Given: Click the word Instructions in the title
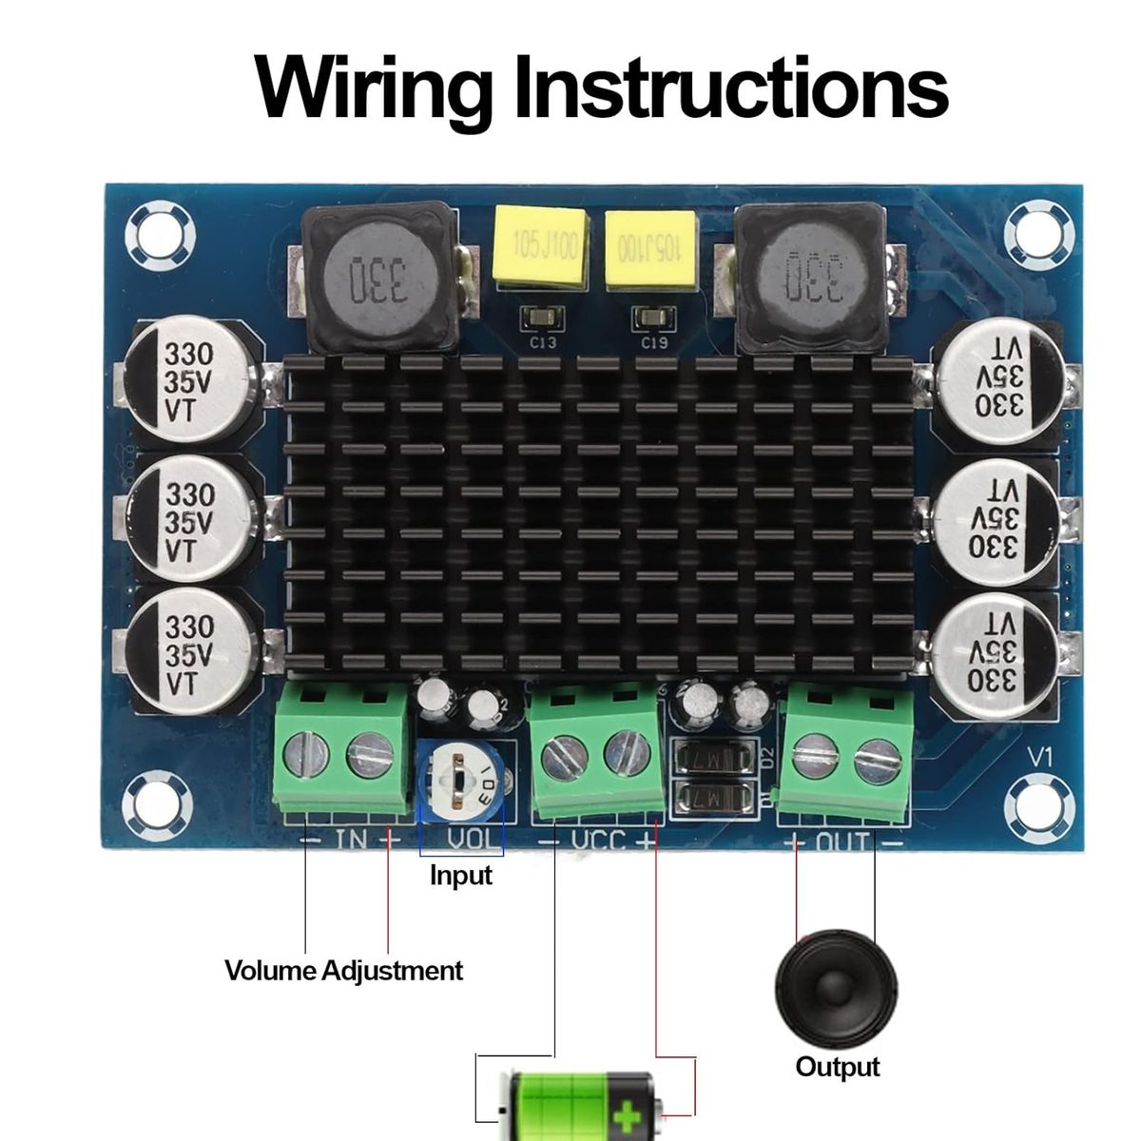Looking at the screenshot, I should coord(730,87).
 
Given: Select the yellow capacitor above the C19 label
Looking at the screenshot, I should coord(651,250).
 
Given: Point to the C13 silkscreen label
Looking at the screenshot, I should coord(543,342).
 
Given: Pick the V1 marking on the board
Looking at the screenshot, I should coord(1040,758).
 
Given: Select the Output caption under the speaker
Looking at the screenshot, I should coord(837,1067).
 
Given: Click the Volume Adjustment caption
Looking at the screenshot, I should coord(343,971).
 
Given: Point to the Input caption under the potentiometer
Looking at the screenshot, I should coord(460,875).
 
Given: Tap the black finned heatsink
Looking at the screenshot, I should coord(599,513).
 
